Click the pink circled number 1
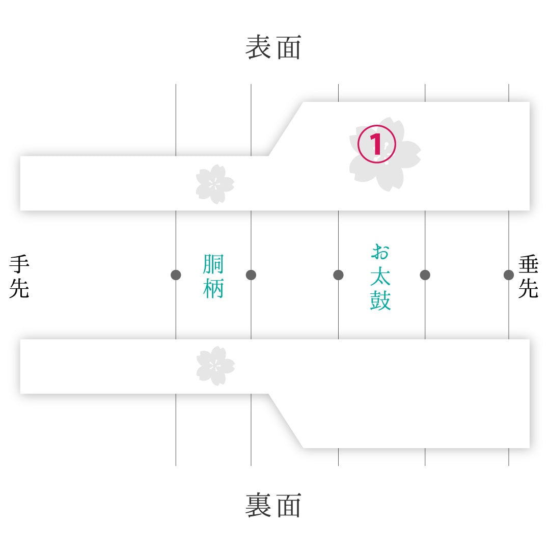[377, 144]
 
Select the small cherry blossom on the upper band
[215, 184]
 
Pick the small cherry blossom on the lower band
[215, 366]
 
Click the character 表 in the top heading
[258, 47]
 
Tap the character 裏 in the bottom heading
[258, 505]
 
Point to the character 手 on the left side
[19, 264]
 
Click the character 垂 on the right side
[528, 264]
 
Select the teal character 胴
[213, 264]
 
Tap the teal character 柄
[213, 288]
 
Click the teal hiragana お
[380, 252]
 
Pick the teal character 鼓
[380, 300]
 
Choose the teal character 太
[380, 276]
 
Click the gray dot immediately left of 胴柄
[176, 275]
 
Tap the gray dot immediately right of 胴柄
[251, 275]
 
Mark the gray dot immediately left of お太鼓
[339, 275]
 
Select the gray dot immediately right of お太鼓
[425, 275]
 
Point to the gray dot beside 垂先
[509, 275]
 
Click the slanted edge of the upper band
[286, 129]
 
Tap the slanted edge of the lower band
[286, 421]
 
